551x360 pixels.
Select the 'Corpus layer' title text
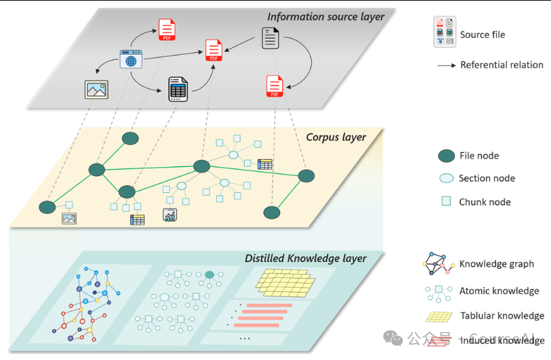pos(336,137)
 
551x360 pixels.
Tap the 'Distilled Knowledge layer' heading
pos(305,258)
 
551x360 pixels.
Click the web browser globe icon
pos(131,60)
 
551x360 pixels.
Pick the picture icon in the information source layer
pos(96,89)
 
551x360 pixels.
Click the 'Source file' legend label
pos(482,34)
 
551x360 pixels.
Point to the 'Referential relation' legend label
pos(501,65)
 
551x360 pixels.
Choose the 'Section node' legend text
pos(486,178)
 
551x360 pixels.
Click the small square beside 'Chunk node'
pos(446,202)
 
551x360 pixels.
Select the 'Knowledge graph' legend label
pos(496,264)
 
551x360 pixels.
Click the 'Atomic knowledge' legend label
pos(499,291)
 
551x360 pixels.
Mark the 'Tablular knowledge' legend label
pos(502,316)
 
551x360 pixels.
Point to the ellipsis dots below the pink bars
pos(245,338)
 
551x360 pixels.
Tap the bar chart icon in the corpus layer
pos(170,215)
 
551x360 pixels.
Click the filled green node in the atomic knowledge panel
pos(209,274)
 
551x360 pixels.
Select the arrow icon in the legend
pos(445,65)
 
